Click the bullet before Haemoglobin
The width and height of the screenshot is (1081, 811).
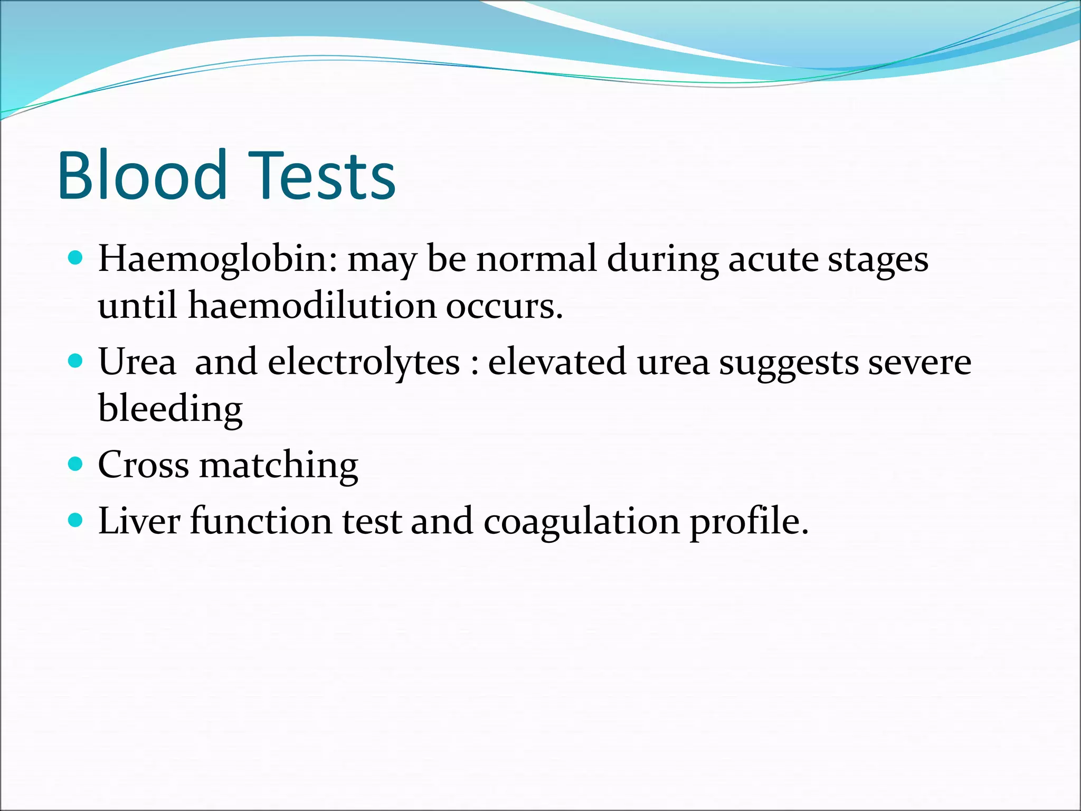(x=76, y=258)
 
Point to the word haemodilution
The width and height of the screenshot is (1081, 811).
(x=312, y=306)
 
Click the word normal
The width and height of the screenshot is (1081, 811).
(x=536, y=259)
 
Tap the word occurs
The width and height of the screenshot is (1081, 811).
(x=504, y=307)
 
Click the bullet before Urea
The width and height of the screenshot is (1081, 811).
(x=76, y=361)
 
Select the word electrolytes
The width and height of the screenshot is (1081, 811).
(x=364, y=363)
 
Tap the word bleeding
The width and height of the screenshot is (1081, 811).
(x=170, y=409)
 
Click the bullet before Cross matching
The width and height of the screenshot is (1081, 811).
(x=76, y=464)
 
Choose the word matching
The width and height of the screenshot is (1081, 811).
(x=279, y=466)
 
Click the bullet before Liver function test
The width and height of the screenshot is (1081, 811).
(x=76, y=520)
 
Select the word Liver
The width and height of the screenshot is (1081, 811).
(x=139, y=521)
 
